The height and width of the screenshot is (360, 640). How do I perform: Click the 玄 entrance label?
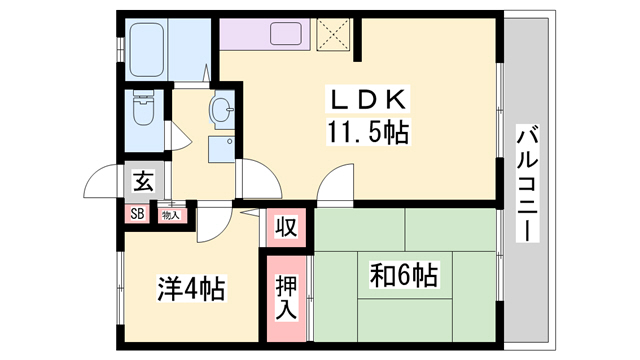click(x=143, y=183)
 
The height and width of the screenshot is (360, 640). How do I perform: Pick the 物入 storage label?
click(x=170, y=213)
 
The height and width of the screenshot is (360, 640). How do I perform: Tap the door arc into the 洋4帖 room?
click(x=212, y=226)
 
